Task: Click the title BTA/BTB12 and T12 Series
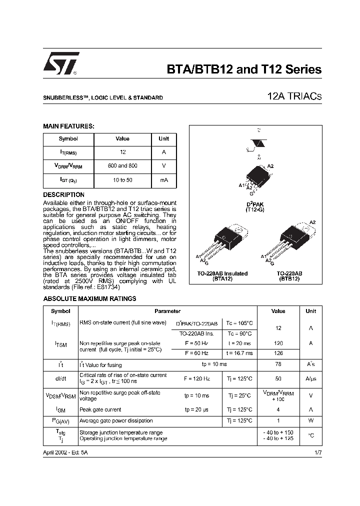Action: click(x=243, y=69)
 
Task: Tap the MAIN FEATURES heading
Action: click(x=68, y=126)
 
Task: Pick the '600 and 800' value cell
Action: click(x=122, y=165)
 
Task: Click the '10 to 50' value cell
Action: click(x=122, y=179)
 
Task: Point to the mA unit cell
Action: click(x=163, y=179)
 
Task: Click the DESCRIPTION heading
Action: click(x=63, y=194)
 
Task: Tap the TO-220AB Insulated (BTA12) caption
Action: click(x=221, y=276)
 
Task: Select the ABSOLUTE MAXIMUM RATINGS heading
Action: click(x=89, y=298)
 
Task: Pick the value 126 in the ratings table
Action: click(x=278, y=353)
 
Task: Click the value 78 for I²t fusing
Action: click(x=278, y=364)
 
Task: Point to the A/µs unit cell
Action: click(x=310, y=379)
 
